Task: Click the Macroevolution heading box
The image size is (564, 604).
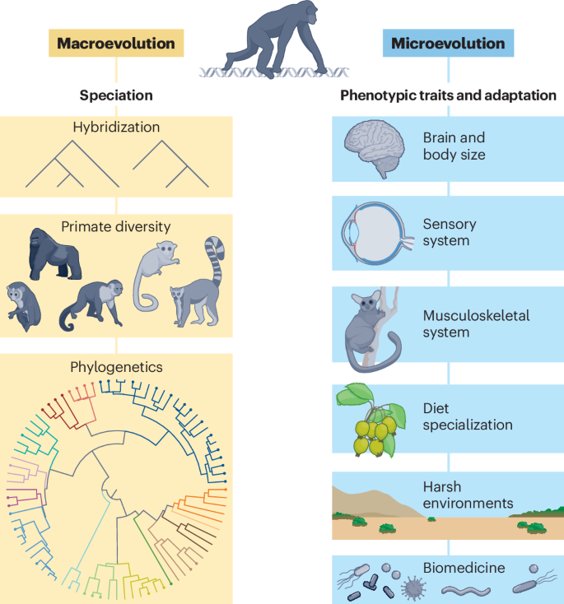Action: [115, 43]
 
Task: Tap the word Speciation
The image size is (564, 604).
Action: [116, 95]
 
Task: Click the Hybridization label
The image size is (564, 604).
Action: [116, 128]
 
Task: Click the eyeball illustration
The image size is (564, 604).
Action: [371, 233]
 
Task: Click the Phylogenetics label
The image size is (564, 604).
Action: [116, 368]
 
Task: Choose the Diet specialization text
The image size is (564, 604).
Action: [468, 416]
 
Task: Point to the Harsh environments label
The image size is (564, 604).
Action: [468, 495]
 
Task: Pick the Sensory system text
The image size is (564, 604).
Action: [450, 233]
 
